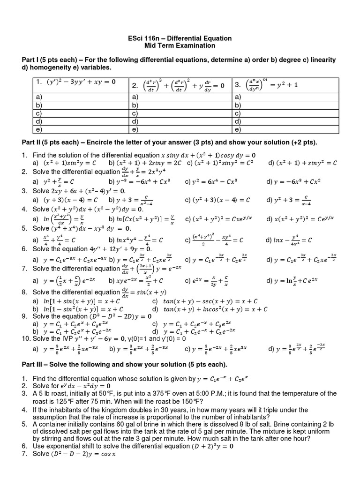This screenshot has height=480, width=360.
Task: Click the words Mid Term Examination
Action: (x=180, y=45)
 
